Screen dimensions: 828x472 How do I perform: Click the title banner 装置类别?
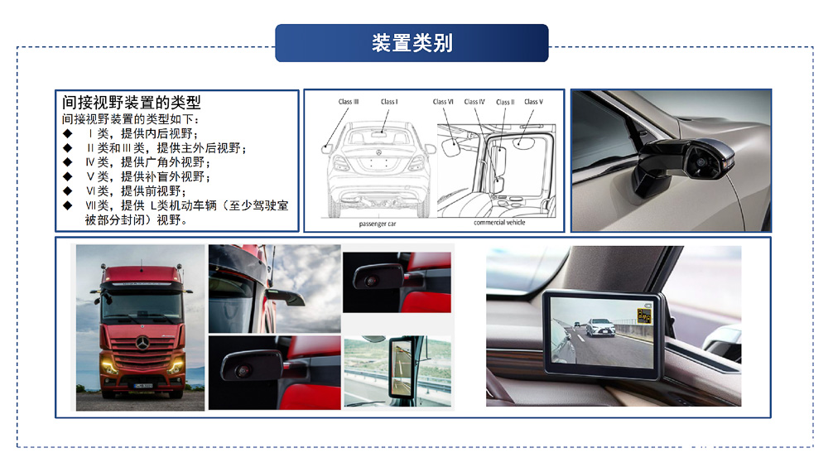pyautogui.click(x=412, y=43)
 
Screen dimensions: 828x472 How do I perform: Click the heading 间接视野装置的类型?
pyautogui.click(x=132, y=102)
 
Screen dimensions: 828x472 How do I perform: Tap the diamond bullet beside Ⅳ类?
pyautogui.click(x=68, y=162)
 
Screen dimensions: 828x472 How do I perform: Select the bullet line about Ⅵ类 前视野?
pyautogui.click(x=136, y=191)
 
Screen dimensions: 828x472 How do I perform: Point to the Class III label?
pyautogui.click(x=349, y=101)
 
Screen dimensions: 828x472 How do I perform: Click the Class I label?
pyautogui.click(x=389, y=101)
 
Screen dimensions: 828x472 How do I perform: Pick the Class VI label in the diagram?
pyautogui.click(x=443, y=101)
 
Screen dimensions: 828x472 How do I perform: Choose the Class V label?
pyautogui.click(x=533, y=101)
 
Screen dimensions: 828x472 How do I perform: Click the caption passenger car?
pyautogui.click(x=378, y=224)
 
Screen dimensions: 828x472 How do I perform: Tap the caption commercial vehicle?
pyautogui.click(x=499, y=222)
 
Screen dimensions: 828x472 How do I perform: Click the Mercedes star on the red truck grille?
pyautogui.click(x=142, y=343)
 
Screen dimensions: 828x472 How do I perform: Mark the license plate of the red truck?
pyautogui.click(x=143, y=386)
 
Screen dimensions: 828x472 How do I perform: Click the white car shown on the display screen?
pyautogui.click(x=600, y=327)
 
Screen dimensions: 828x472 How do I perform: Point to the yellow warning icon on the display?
pyautogui.click(x=643, y=315)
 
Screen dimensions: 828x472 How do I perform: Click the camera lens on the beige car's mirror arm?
pyautogui.click(x=700, y=161)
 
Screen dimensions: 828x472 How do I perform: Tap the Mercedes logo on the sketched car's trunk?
pyautogui.click(x=378, y=152)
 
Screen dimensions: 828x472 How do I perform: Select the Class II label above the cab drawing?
pyautogui.click(x=505, y=102)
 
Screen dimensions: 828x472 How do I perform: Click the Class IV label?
pyautogui.click(x=474, y=101)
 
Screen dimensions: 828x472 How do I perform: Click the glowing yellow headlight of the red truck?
pyautogui.click(x=109, y=366)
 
